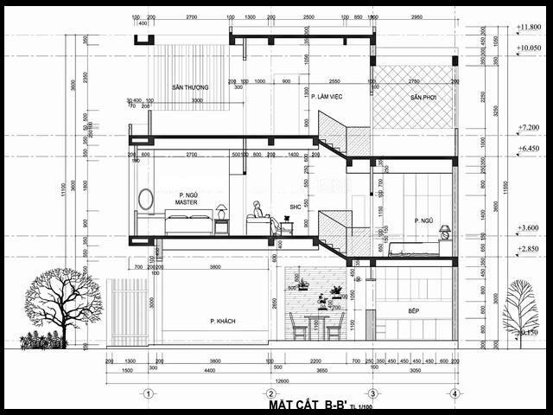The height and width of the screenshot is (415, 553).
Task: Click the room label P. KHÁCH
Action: (x=223, y=321)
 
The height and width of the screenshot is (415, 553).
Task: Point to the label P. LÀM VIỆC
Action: (x=327, y=96)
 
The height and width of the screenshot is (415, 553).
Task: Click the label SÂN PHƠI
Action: (x=424, y=98)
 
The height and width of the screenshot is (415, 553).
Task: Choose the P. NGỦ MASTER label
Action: (x=188, y=199)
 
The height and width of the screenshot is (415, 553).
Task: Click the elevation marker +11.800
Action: (x=528, y=28)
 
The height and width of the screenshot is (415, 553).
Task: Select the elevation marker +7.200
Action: (x=528, y=127)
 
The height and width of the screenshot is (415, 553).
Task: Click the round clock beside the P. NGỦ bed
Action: (x=445, y=232)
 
